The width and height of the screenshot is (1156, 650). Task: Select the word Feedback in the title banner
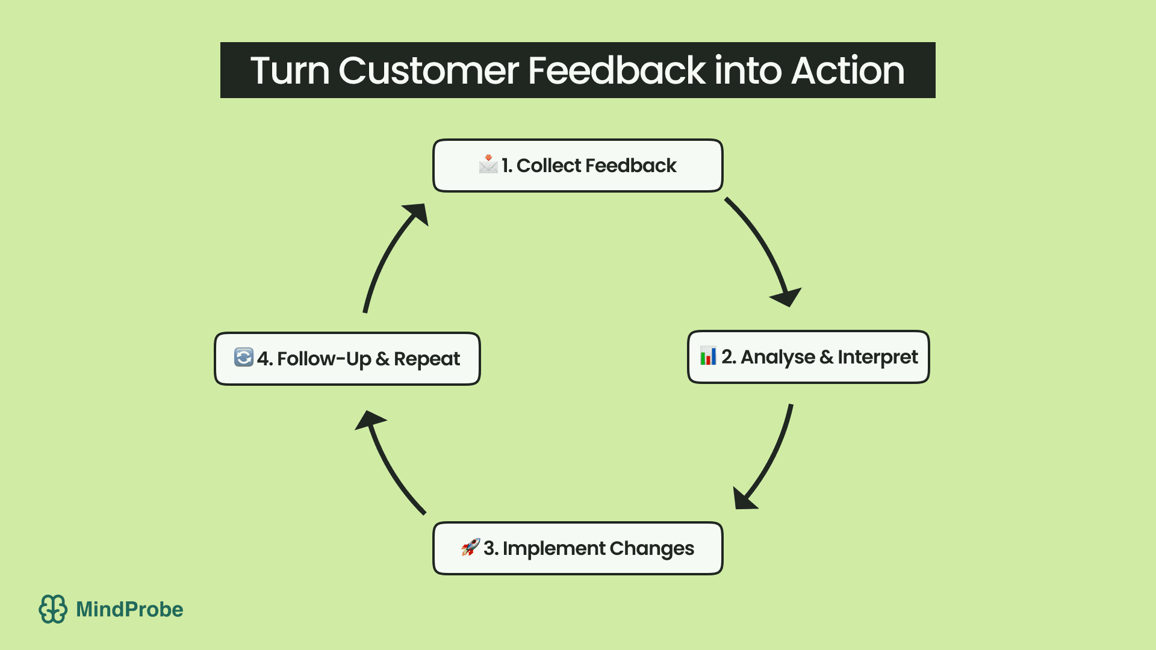pos(616,71)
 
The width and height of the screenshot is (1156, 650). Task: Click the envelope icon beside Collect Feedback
pos(488,164)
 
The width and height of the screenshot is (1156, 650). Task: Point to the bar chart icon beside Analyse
pos(708,356)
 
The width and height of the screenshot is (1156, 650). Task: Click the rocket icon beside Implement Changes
pos(470,547)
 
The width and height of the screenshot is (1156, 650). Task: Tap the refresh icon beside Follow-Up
pos(243,357)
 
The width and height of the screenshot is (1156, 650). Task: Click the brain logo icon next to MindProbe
pos(53,609)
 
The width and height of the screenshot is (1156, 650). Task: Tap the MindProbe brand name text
pos(129,609)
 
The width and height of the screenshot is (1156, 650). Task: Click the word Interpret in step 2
pos(877,357)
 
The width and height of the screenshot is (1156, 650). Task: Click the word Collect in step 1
pos(548,166)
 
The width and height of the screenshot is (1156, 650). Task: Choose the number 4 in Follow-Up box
pos(263,359)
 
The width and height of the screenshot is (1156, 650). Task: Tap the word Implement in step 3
pos(553,549)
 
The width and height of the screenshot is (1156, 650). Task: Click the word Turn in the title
pos(290,71)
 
